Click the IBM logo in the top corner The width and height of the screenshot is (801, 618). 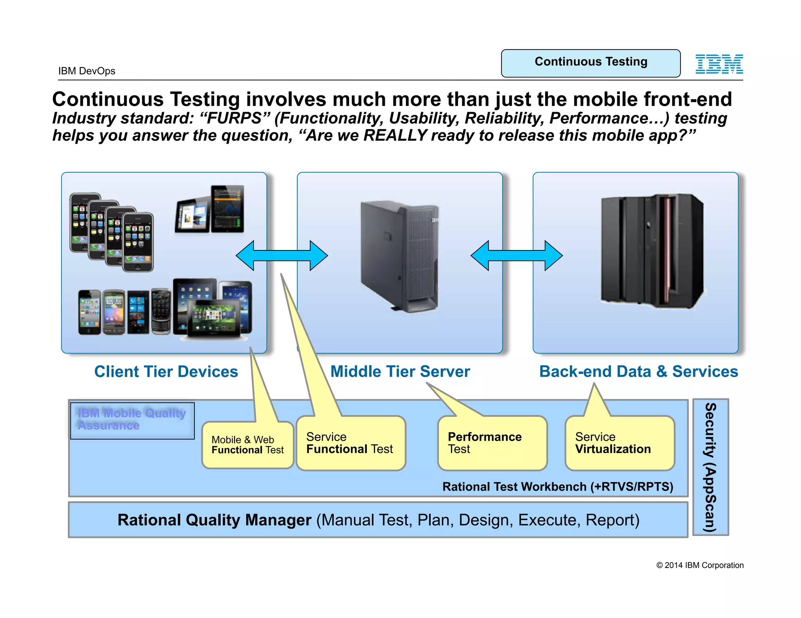(x=719, y=64)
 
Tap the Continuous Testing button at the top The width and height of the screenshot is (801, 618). (x=591, y=63)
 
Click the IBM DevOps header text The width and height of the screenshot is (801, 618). (x=87, y=71)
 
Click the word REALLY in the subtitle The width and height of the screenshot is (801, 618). (x=395, y=136)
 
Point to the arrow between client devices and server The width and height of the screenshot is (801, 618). (x=282, y=255)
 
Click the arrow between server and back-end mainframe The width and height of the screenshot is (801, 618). (x=516, y=255)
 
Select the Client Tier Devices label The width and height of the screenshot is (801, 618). (x=166, y=372)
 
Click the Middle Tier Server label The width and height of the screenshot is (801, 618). (x=400, y=372)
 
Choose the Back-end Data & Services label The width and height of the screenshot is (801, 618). (x=638, y=372)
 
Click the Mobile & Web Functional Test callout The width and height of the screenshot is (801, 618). (x=248, y=445)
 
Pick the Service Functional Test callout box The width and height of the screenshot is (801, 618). (x=350, y=443)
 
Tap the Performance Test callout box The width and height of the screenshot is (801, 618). (x=492, y=443)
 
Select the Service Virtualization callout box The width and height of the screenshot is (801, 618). (x=620, y=443)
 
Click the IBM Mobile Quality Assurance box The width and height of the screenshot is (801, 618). (x=132, y=420)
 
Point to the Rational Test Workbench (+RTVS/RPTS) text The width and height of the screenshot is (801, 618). (x=558, y=487)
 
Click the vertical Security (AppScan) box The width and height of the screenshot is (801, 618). (x=710, y=467)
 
